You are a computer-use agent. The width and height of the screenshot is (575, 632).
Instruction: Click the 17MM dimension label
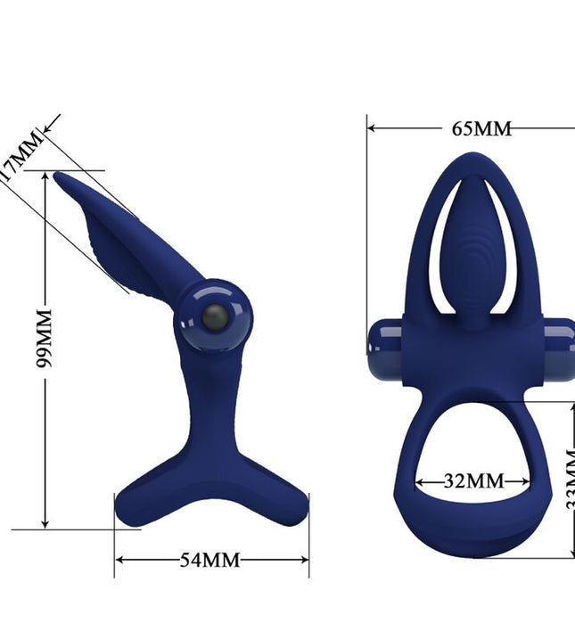(x=20, y=155)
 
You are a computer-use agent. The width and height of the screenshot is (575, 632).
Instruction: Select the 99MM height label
(x=45, y=339)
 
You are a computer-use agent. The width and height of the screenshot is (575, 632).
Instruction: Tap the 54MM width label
(x=210, y=560)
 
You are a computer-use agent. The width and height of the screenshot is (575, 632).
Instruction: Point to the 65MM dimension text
(x=481, y=127)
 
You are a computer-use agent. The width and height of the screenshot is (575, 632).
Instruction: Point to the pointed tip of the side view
(x=58, y=176)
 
